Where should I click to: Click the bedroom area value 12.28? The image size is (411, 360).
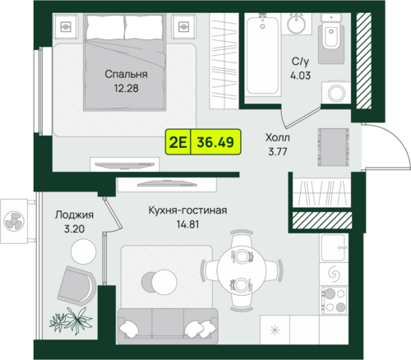pyautogui.click(x=127, y=89)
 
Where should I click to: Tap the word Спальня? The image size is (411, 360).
pyautogui.click(x=126, y=74)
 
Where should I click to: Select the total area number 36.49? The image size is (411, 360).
pyautogui.click(x=215, y=142)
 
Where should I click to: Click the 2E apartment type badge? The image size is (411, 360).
pyautogui.click(x=178, y=142)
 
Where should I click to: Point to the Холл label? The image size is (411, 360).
pyautogui.click(x=278, y=137)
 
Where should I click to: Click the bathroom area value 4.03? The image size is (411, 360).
pyautogui.click(x=300, y=76)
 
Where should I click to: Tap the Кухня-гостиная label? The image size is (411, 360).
pyautogui.click(x=187, y=210)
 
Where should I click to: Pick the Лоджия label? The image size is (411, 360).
pyautogui.click(x=74, y=215)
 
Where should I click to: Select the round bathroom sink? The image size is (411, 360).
pyautogui.click(x=297, y=24)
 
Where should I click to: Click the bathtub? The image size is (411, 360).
pyautogui.click(x=262, y=55)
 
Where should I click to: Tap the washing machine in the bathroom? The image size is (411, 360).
pyautogui.click(x=336, y=92)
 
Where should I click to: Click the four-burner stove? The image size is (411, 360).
pyautogui.click(x=334, y=300)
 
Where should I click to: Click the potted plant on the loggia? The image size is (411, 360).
pyautogui.click(x=71, y=321)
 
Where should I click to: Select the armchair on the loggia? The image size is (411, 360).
pyautogui.click(x=76, y=285)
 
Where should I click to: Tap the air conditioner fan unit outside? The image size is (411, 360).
pyautogui.click(x=14, y=221)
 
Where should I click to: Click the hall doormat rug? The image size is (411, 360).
pyautogui.click(x=333, y=147)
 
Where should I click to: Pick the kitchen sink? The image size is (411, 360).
pyautogui.click(x=334, y=247)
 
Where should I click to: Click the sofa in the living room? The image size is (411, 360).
pyautogui.click(x=168, y=326)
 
